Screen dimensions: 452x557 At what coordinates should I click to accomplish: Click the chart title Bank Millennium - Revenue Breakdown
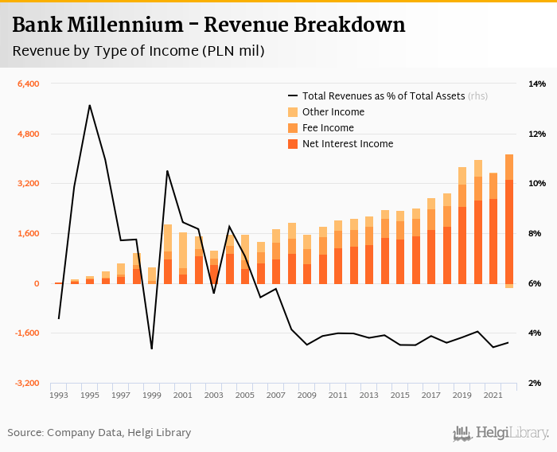(x=208, y=25)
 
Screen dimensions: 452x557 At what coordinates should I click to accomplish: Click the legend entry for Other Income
(x=333, y=112)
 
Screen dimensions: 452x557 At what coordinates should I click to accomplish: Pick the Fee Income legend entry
(x=328, y=128)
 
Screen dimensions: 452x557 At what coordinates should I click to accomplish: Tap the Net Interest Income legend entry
(x=348, y=144)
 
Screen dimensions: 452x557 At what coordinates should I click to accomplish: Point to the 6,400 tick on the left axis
(x=28, y=84)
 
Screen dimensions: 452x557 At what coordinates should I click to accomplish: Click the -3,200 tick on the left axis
(x=27, y=384)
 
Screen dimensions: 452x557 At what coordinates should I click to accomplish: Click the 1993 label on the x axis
(x=58, y=395)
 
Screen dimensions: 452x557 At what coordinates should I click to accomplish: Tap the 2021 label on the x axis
(x=494, y=395)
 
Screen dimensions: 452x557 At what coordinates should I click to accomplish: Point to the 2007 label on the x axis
(x=276, y=395)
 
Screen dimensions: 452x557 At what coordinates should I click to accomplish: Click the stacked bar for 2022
(x=509, y=219)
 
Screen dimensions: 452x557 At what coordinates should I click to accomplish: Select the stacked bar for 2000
(x=167, y=254)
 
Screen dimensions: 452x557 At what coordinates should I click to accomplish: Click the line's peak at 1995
(x=89, y=105)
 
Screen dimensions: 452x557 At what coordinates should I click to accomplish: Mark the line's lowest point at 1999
(x=151, y=349)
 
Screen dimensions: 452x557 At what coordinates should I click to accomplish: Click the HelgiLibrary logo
(x=501, y=434)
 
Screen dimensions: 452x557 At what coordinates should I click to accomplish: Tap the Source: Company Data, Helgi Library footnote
(x=99, y=433)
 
